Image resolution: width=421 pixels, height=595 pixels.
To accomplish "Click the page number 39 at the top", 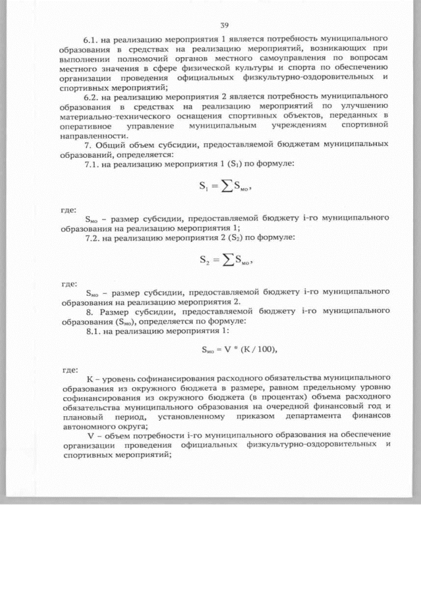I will point(224,25).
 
